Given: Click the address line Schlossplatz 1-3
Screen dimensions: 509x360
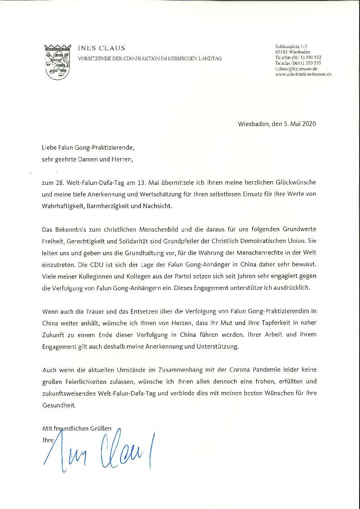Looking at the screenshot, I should (x=291, y=47).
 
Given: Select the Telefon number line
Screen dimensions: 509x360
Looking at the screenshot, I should (x=298, y=58).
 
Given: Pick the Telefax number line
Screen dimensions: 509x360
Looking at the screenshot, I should (x=298, y=63).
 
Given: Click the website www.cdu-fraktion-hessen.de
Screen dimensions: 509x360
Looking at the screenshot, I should (x=303, y=74).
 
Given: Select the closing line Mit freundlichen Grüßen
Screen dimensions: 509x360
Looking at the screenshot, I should (x=77, y=428).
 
